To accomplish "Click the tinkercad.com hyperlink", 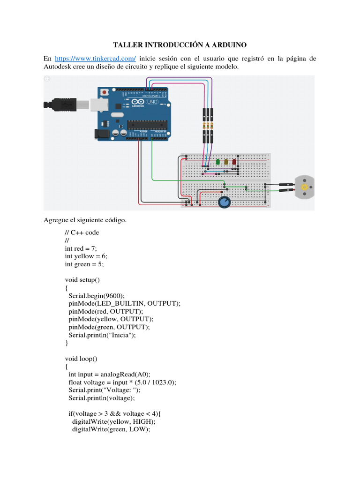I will coord(95,59).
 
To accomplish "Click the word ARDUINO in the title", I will coord(225,45).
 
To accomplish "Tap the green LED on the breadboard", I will coord(218,162).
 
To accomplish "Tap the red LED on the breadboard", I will coord(234,162).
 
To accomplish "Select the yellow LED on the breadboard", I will coord(226,162).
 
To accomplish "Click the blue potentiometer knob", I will coord(225,202).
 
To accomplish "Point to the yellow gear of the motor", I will coord(305,187).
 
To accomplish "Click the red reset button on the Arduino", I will coord(109,92).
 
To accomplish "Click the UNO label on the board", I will coord(152,102).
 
